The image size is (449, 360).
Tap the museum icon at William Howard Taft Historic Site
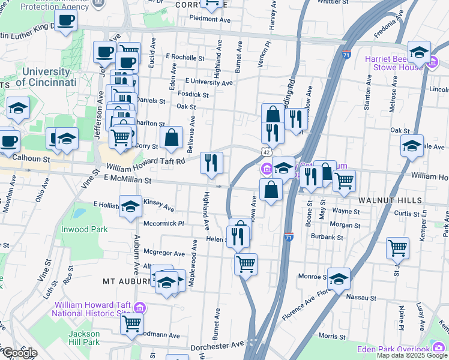tap(139, 308)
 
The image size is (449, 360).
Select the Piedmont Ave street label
tap(210, 19)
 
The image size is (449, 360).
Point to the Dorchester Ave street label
tap(217, 346)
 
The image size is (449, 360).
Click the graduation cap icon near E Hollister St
tap(130, 207)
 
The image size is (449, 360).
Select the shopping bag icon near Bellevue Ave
tap(172, 137)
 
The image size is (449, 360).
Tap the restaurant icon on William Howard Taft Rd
tap(211, 163)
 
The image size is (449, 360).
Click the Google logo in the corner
tap(20, 353)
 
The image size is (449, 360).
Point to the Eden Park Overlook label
tap(393, 349)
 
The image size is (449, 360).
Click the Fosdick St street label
tap(193, 94)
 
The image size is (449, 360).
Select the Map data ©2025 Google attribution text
tap(411, 355)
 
